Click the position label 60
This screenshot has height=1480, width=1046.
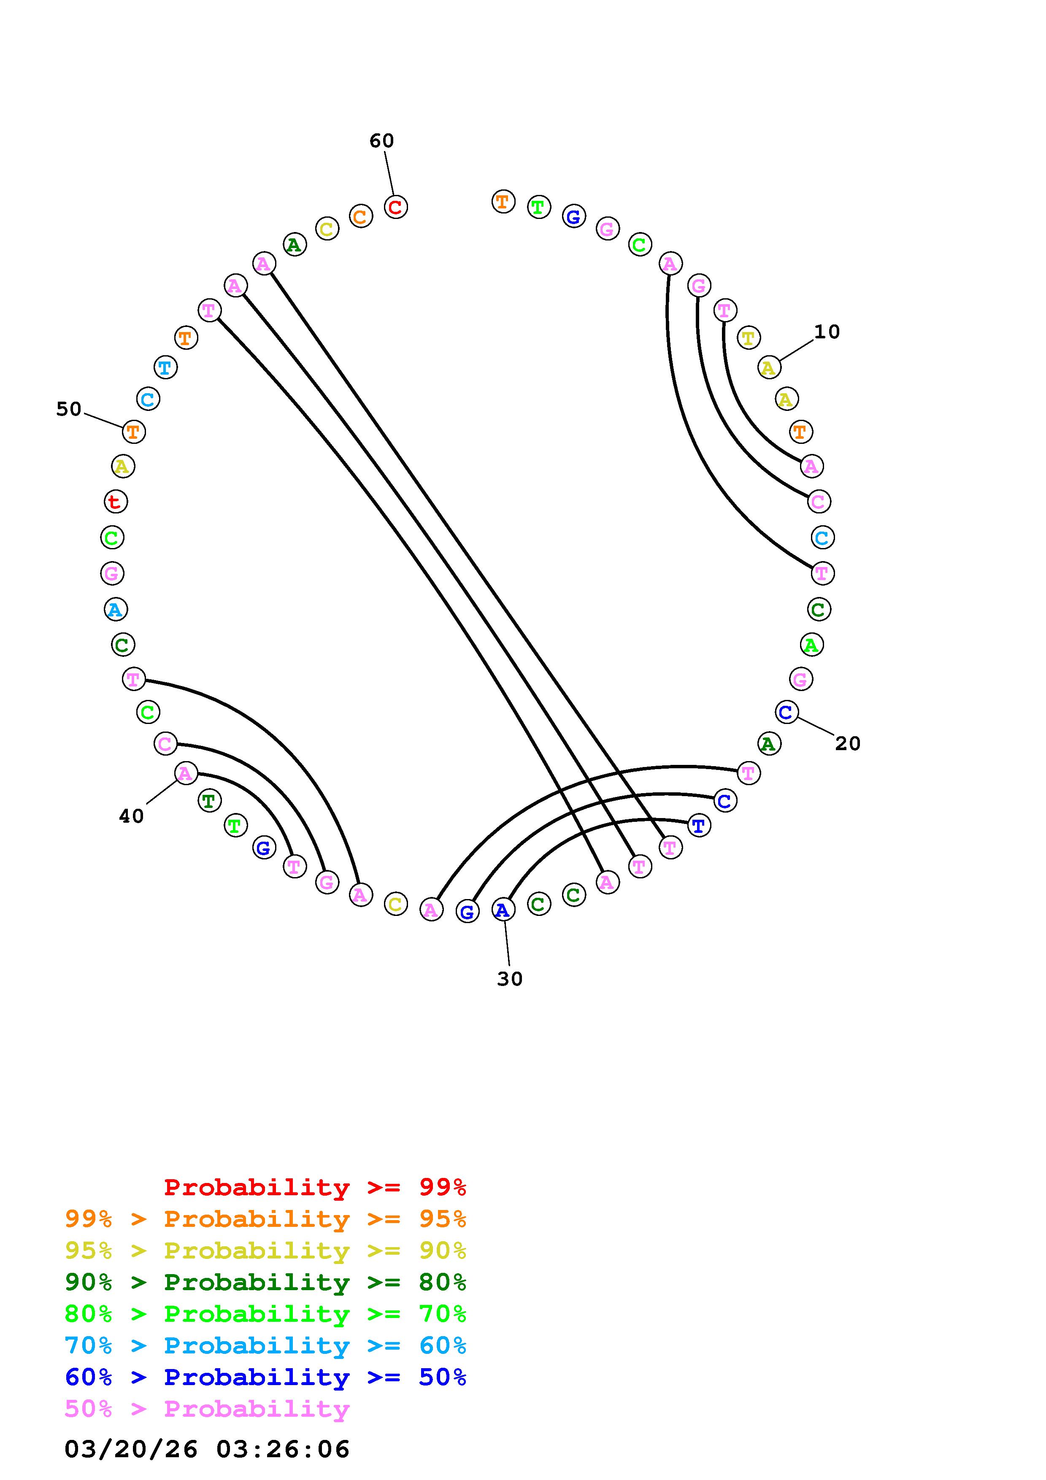point(381,140)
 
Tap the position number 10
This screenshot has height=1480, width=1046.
point(827,332)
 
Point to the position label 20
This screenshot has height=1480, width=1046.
point(848,744)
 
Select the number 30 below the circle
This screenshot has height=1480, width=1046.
point(510,979)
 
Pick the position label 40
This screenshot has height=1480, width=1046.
point(132,817)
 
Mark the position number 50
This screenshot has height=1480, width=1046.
point(69,409)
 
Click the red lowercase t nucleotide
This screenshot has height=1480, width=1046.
point(116,502)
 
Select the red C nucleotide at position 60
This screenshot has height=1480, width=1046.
point(396,207)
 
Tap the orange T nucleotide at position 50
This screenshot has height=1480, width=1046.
point(133,431)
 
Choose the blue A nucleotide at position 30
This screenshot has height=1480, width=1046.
point(503,910)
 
